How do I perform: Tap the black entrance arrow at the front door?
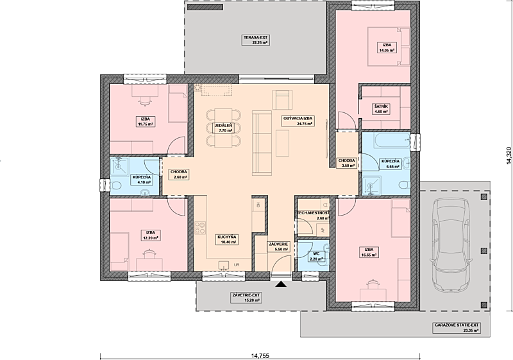click(281, 284)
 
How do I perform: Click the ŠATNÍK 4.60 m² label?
click(381, 109)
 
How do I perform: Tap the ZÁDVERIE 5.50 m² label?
click(278, 246)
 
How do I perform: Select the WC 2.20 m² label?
click(316, 256)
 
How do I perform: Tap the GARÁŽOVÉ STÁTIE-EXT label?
click(457, 325)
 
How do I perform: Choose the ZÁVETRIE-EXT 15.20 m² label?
click(246, 298)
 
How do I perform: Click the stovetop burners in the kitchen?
click(200, 228)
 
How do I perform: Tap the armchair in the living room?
click(282, 100)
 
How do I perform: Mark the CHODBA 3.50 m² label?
click(347, 163)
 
